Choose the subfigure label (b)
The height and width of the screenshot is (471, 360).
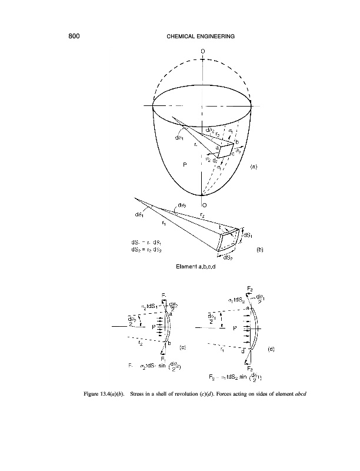point(259,250)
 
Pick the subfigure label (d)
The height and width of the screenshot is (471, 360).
point(271,349)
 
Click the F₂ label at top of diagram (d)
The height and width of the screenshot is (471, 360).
point(250,288)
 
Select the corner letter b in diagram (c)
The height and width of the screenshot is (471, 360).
point(169,344)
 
